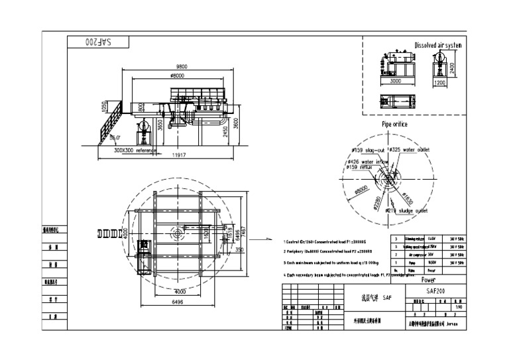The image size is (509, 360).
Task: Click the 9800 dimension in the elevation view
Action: (x=181, y=66)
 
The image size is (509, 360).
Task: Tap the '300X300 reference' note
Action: (x=135, y=150)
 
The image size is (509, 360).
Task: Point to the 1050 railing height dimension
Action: (x=103, y=107)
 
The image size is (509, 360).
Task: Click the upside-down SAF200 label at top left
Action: (x=97, y=41)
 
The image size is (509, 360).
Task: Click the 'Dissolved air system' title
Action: (x=437, y=45)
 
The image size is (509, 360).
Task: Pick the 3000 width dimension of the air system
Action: (x=395, y=81)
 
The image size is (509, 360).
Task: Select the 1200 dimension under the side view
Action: (x=439, y=84)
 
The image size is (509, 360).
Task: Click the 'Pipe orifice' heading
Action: (x=394, y=124)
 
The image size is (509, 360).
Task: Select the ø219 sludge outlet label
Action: (x=406, y=211)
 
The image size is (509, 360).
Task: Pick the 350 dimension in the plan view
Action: (x=240, y=249)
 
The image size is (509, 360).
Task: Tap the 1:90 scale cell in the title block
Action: (x=458, y=307)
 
